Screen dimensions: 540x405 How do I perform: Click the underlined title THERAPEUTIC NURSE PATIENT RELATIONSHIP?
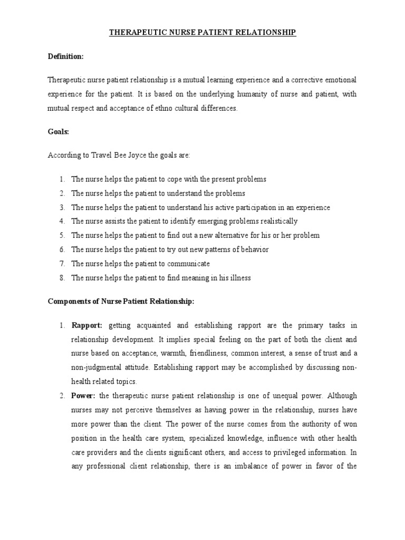pyautogui.click(x=202, y=33)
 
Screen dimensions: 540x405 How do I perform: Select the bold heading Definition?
pyautogui.click(x=66, y=56)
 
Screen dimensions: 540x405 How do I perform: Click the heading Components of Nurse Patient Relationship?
pyautogui.click(x=121, y=301)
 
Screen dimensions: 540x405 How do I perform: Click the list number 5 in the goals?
pyautogui.click(x=62, y=235)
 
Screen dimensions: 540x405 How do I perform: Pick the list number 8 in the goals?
pyautogui.click(x=62, y=278)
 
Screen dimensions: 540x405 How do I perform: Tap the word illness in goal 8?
pyautogui.click(x=239, y=278)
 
